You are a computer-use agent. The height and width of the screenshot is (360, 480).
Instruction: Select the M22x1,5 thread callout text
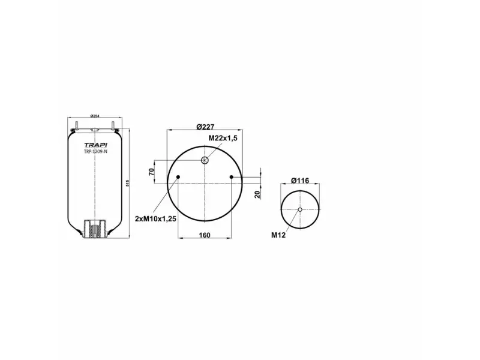223,138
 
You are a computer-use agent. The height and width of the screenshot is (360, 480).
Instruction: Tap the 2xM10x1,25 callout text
155,219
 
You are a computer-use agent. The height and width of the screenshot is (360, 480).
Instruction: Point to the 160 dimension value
204,235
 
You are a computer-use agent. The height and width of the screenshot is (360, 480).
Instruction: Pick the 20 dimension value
256,193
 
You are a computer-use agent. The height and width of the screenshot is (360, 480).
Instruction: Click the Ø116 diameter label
299,181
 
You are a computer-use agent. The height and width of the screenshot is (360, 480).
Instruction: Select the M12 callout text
278,235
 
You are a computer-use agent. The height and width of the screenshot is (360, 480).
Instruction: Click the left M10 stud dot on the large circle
178,176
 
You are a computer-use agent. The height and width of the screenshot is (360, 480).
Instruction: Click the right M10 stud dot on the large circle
232,176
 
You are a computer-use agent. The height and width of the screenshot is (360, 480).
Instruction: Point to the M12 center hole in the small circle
300,209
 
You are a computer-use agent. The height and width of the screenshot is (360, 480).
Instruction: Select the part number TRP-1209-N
95,152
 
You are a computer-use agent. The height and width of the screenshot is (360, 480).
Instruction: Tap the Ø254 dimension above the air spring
94,116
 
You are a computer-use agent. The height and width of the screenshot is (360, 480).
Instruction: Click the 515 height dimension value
128,183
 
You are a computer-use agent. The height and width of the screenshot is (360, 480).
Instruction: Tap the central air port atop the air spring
94,130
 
